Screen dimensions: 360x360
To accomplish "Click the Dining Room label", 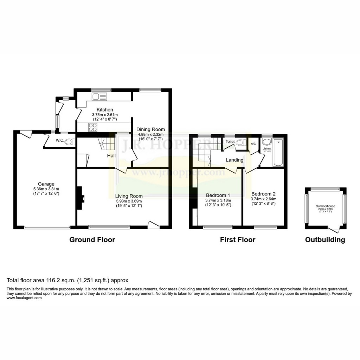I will [x=150, y=129].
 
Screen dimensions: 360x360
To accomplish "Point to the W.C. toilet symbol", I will [x=70, y=142].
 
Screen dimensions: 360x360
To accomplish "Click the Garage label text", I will [x=46, y=184].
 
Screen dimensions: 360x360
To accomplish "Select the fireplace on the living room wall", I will [x=81, y=198].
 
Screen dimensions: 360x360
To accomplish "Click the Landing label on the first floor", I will [x=234, y=160].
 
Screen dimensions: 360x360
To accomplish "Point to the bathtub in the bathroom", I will [x=278, y=153].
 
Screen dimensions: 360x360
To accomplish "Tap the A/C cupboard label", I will [x=253, y=144].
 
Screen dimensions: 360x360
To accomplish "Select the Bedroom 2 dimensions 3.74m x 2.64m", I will [x=263, y=199].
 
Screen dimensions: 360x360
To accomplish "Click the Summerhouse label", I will [x=325, y=206].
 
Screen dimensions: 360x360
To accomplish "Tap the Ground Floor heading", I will [x=92, y=240].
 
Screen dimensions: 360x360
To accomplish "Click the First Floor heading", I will [x=238, y=240].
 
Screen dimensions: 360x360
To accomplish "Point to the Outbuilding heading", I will [x=325, y=240].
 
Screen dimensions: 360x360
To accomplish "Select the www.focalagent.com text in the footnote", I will [x=24, y=298].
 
